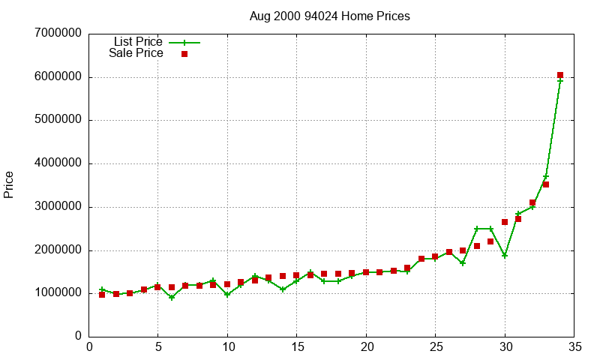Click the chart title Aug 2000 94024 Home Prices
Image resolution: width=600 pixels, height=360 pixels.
click(x=330, y=16)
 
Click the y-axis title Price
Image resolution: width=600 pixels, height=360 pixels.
click(x=9, y=184)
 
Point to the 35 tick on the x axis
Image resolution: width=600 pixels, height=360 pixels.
click(x=574, y=347)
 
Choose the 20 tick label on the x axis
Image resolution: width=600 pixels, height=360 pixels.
click(x=366, y=347)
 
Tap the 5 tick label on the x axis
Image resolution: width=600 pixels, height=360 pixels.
click(x=157, y=347)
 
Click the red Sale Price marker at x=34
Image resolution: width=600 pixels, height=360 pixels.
click(x=560, y=75)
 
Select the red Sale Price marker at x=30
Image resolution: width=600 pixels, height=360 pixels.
click(x=505, y=222)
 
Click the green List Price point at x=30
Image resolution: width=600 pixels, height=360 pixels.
click(x=505, y=256)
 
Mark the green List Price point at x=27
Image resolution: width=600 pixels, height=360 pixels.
click(x=463, y=263)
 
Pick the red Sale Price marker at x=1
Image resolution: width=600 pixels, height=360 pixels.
click(x=102, y=295)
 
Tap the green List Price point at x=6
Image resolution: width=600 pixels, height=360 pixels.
click(x=172, y=298)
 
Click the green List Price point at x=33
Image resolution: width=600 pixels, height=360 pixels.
click(x=546, y=177)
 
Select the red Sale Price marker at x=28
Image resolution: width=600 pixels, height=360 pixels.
click(x=477, y=246)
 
